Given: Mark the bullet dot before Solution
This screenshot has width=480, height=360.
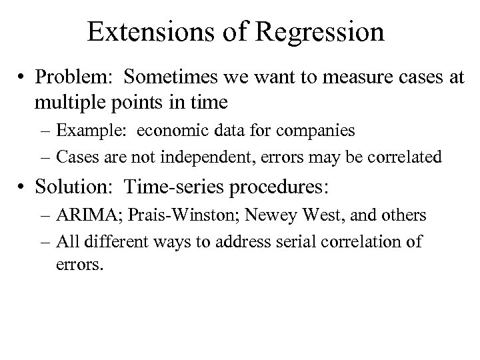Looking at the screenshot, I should point(24,188).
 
